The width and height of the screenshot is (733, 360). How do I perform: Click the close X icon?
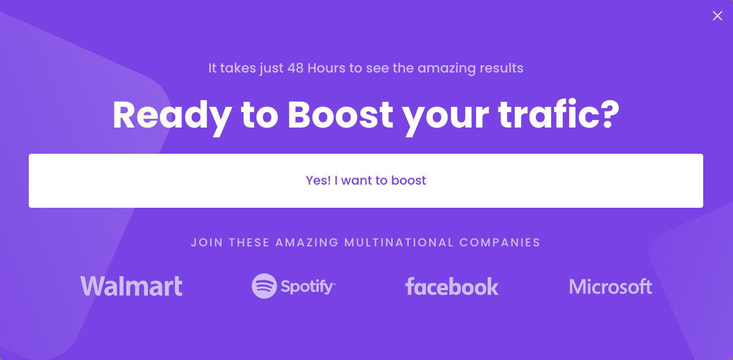717,16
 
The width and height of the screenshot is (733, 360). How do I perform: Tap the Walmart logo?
131,286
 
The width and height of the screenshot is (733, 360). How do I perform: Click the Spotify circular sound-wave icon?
264,286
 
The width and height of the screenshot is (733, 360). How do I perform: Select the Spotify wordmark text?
308,287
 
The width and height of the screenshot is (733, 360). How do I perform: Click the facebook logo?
452,286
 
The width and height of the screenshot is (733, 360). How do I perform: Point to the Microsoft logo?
611,286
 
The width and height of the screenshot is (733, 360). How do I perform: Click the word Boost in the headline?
340,115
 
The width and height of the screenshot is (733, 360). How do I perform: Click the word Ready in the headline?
172,118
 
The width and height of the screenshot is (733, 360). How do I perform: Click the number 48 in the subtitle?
296,68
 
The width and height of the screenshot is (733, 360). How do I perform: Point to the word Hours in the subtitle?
326,68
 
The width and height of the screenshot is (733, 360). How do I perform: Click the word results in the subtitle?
501,68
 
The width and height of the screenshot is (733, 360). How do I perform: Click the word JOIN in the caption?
207,243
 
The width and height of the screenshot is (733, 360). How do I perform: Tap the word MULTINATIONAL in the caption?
399,243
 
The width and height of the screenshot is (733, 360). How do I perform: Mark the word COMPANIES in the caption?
500,243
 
